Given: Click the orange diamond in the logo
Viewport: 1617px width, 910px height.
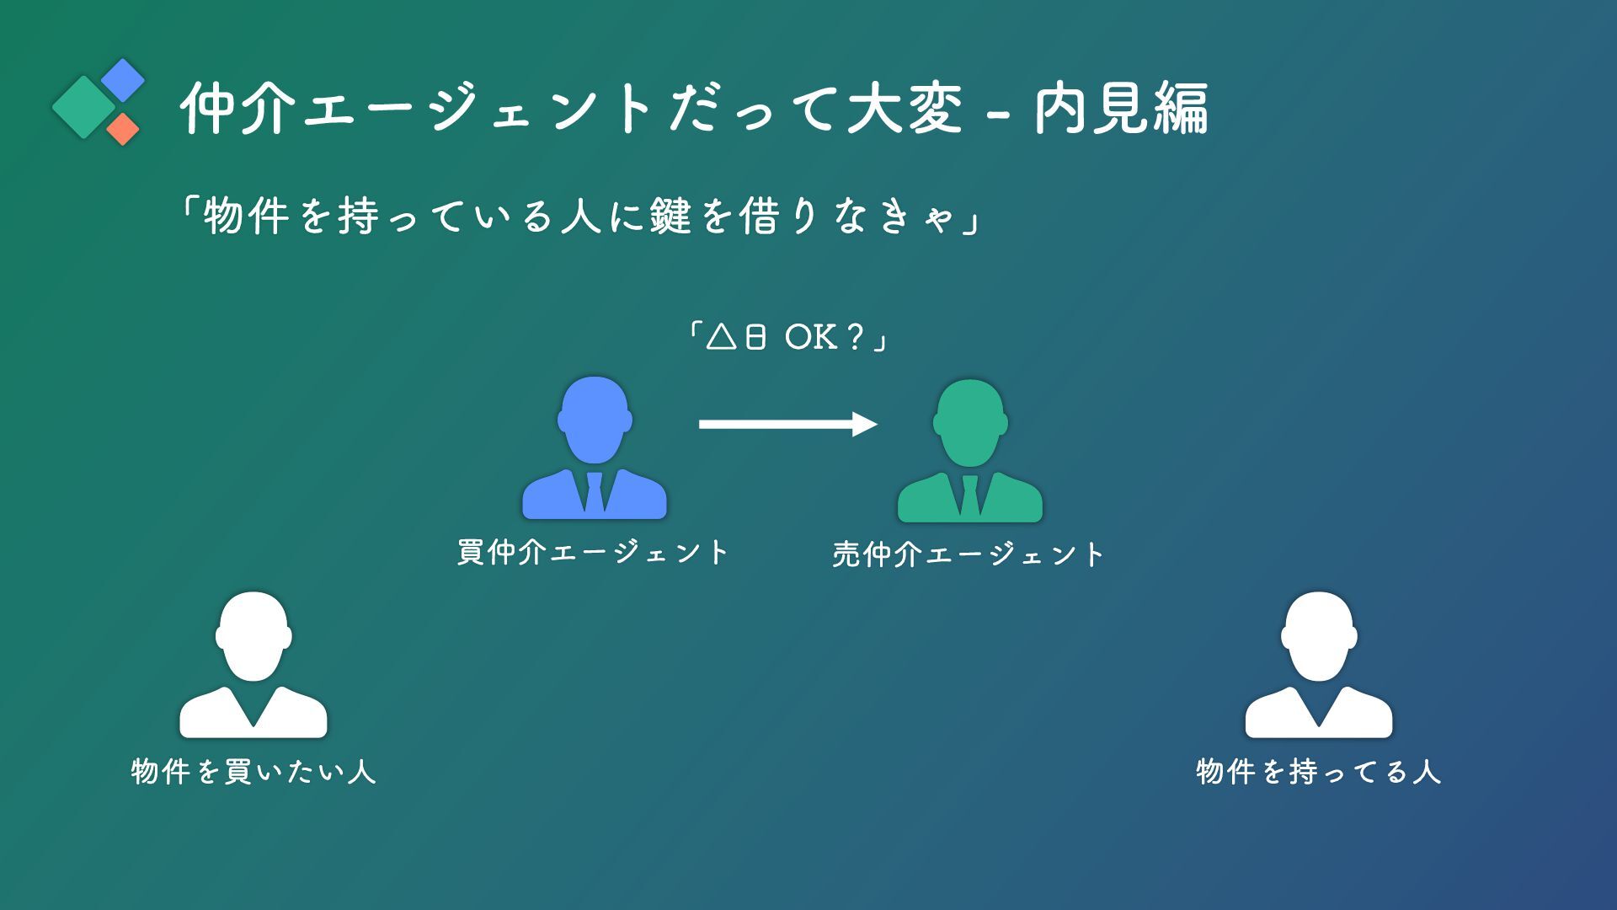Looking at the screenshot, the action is coord(123,129).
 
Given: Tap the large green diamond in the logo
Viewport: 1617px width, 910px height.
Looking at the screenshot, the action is coord(83,107).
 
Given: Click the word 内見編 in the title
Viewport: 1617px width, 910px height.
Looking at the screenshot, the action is coord(1121,110).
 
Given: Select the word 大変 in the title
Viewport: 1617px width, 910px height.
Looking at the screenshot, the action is coord(905,110).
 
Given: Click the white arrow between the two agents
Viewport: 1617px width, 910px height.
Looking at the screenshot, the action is coord(787,424).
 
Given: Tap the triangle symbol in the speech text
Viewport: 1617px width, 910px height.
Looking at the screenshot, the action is coord(721,338).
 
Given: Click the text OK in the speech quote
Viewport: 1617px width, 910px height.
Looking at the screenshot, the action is coord(810,338).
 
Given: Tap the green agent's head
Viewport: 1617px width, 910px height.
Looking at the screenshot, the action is coord(970,422).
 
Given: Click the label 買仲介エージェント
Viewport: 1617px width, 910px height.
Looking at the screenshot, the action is coord(593,553).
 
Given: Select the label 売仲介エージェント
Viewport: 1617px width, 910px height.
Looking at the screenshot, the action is coord(969,554).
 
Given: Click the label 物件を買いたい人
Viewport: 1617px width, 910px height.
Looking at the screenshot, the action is coord(253,772).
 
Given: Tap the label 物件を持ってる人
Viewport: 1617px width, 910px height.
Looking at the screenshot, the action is coord(1319,772).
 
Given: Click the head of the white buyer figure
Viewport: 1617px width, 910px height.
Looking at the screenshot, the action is coord(253,635).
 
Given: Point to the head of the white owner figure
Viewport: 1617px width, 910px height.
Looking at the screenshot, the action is coord(1319,635).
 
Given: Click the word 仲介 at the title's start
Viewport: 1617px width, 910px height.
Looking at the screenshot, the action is coord(238,110).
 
